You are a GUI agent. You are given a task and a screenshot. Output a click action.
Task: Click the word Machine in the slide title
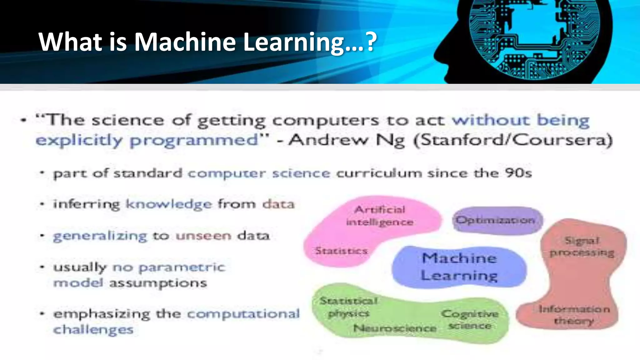coord(185,42)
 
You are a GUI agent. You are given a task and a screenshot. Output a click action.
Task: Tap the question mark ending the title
coord(371,42)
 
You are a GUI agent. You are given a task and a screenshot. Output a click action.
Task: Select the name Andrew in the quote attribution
coord(328,140)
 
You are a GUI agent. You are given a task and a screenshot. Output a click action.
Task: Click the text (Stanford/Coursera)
coord(512,140)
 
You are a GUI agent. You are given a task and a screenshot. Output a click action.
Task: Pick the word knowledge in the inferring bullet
coord(169,204)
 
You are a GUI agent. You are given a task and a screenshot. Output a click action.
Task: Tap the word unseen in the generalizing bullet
coord(203,236)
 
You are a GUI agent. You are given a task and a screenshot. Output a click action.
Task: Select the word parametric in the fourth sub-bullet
coord(182,267)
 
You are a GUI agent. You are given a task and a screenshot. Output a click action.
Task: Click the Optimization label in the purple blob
coord(495,220)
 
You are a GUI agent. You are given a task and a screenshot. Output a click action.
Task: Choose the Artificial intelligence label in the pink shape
coord(380,216)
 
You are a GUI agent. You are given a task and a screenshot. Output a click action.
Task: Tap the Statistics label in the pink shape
coord(341,251)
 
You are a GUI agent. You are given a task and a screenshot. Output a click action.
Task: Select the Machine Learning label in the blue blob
coord(459,267)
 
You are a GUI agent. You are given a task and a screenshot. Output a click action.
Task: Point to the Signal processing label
coord(582,246)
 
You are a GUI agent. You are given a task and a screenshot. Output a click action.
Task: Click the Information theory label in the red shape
coord(574,315)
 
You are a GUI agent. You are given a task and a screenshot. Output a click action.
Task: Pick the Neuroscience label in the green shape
coord(395,328)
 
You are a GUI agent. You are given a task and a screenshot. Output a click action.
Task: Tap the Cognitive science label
coord(470,319)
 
